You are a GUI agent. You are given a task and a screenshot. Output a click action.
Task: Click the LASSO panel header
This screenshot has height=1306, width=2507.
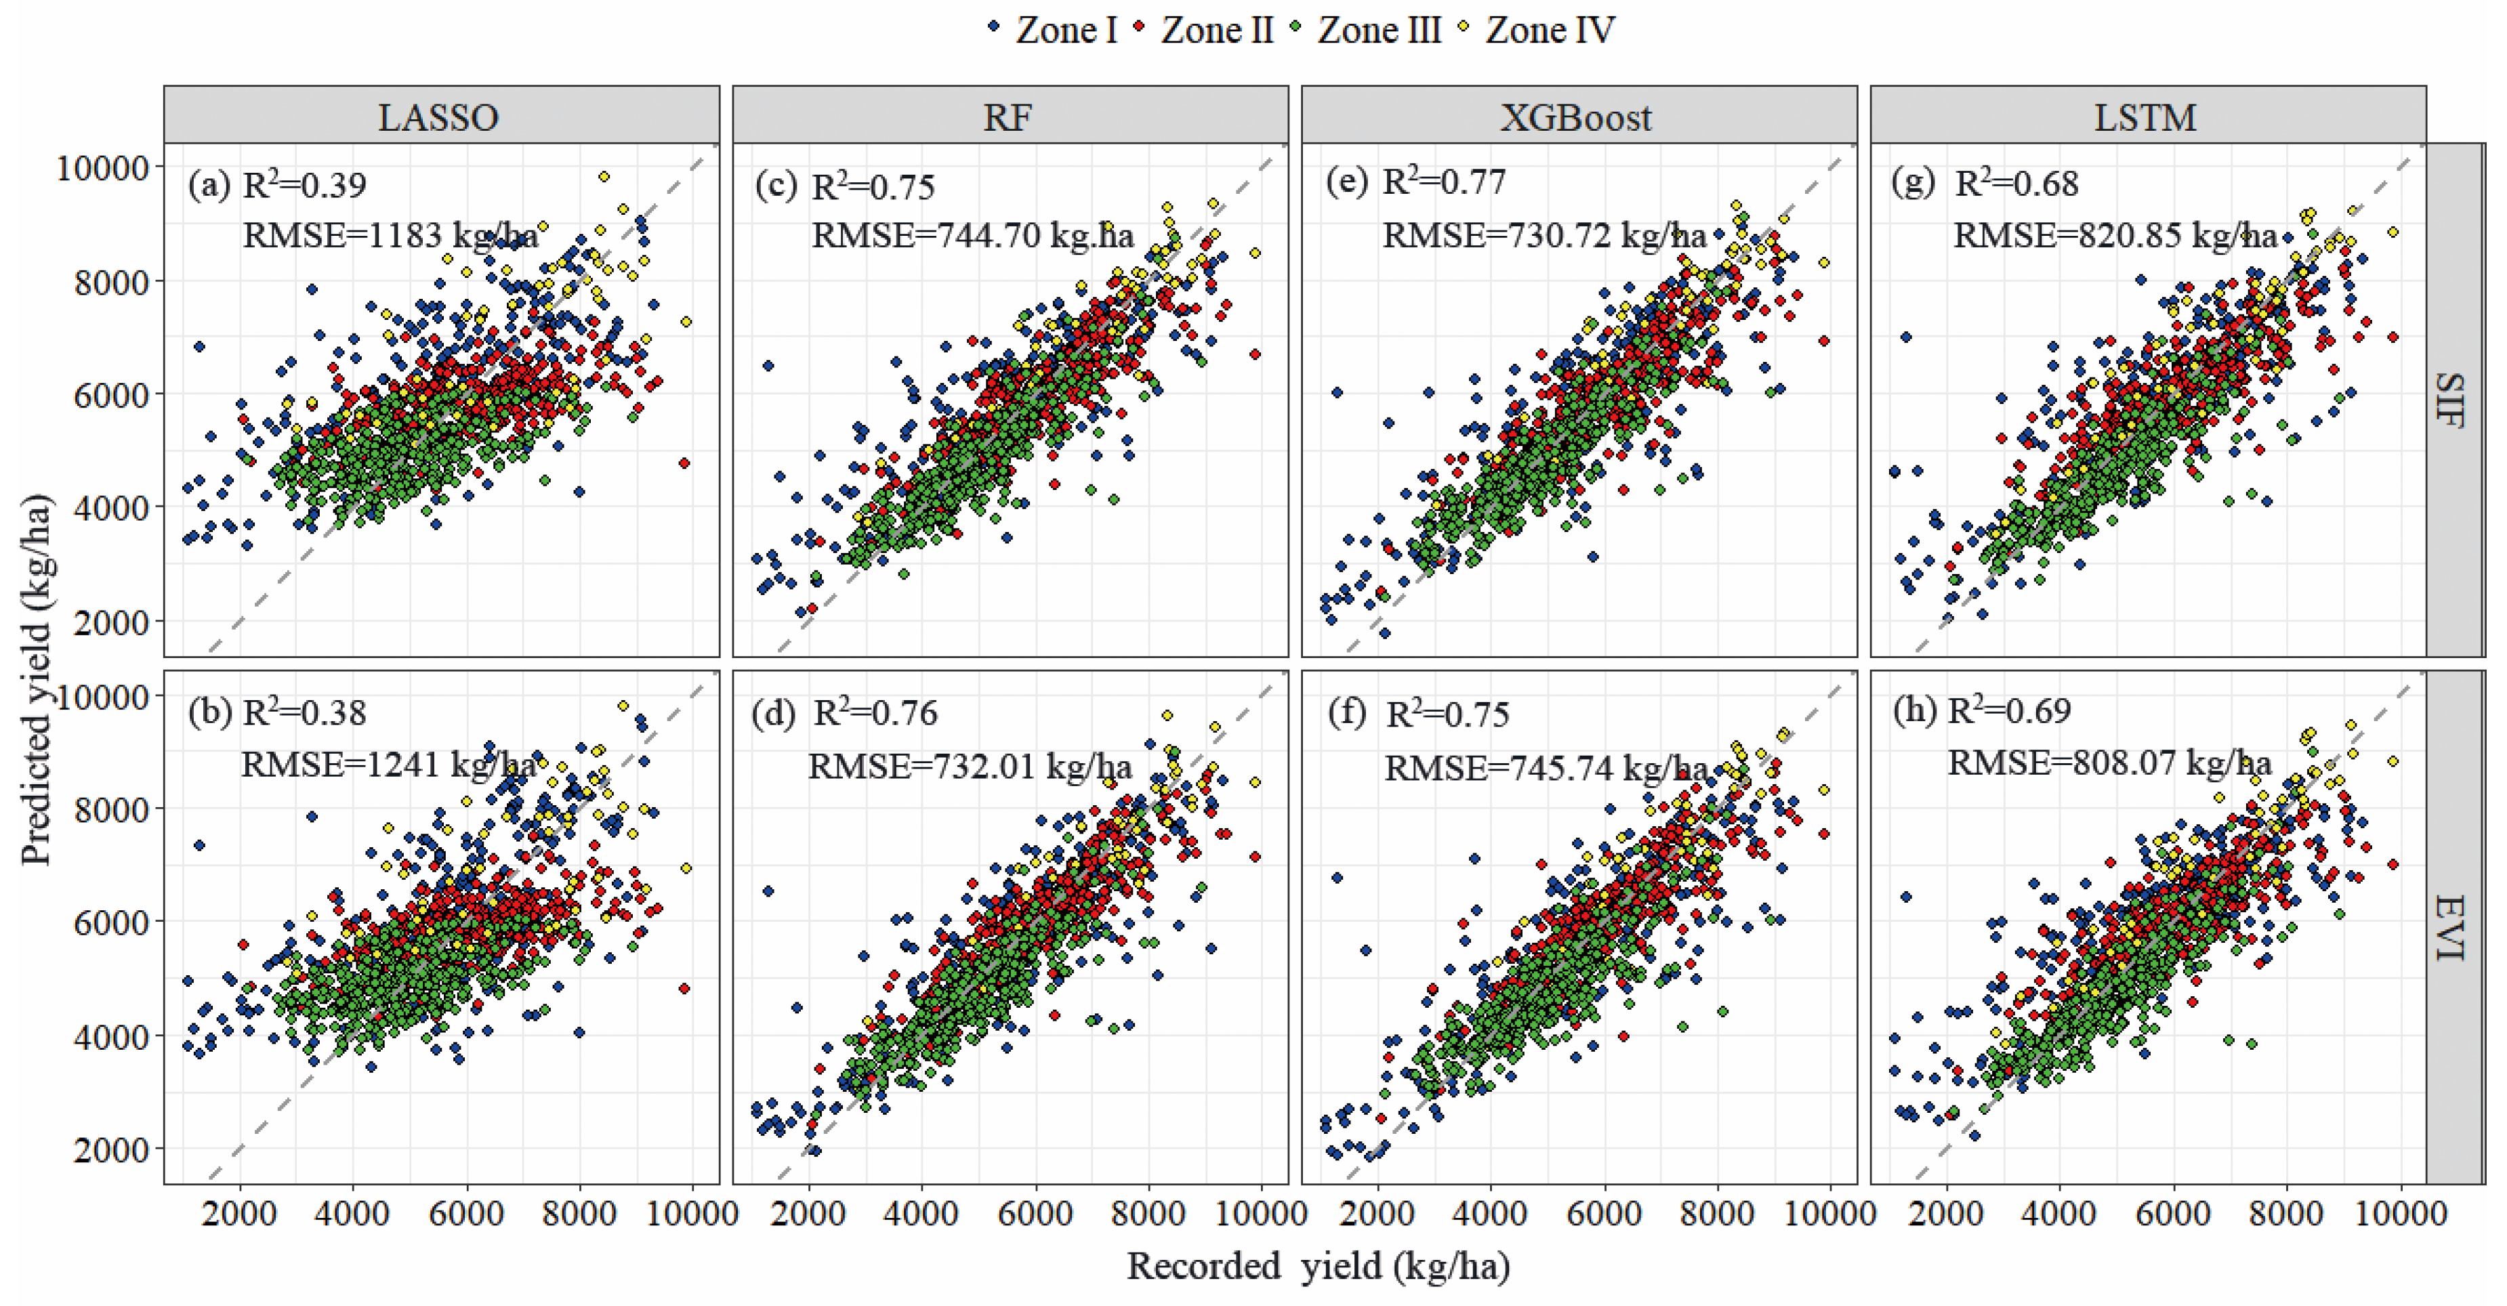[x=439, y=117]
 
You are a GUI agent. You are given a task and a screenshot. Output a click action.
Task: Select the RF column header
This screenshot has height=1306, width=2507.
[x=1008, y=117]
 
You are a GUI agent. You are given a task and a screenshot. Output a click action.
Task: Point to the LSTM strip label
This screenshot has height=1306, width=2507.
[x=2145, y=117]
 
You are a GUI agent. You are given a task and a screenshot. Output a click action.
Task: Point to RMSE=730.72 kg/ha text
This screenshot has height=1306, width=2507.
[x=1543, y=235]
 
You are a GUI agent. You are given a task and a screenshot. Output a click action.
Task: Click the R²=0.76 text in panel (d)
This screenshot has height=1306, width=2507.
[x=875, y=714]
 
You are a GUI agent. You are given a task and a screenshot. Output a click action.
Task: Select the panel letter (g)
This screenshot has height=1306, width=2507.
[x=1912, y=182]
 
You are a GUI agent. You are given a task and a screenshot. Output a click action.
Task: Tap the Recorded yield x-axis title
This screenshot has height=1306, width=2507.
[x=1318, y=1266]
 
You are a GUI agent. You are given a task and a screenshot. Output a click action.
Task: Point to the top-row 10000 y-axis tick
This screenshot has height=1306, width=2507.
[x=102, y=168]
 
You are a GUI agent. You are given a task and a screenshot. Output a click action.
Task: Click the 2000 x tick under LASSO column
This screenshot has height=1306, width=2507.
[x=241, y=1214]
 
